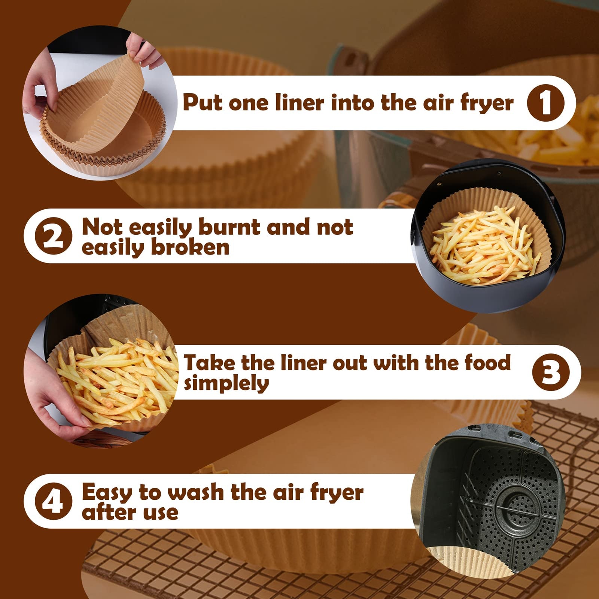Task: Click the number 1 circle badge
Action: point(545,103)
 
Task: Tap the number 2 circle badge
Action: point(54,236)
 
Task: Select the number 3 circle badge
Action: point(551,372)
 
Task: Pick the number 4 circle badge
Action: point(54,502)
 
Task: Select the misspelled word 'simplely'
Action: point(226,384)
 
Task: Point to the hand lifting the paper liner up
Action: point(144,51)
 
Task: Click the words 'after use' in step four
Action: point(130,513)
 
